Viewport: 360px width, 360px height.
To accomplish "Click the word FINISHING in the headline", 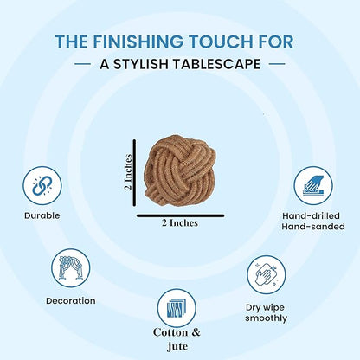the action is (x=138, y=42).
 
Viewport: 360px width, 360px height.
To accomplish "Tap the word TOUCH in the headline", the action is (x=218, y=42).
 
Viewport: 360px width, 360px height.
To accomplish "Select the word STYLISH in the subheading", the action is (x=142, y=64).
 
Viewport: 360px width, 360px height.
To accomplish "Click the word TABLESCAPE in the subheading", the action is (x=217, y=64).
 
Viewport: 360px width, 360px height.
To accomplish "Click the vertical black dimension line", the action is (x=134, y=173).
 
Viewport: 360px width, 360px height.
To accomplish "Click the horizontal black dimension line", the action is (x=181, y=215).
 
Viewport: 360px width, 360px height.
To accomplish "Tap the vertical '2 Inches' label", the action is (x=128, y=172).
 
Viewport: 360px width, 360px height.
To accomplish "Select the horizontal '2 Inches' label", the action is (x=180, y=223).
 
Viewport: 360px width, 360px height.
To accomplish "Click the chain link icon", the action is (x=42, y=185).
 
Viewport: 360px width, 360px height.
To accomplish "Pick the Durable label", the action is (x=42, y=215).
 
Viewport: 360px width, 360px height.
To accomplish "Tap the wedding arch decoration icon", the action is (x=71, y=268).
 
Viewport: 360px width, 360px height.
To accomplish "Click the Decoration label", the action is (x=71, y=300).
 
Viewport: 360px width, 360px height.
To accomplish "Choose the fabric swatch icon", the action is (x=177, y=308).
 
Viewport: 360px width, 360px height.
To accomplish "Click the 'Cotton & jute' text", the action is (x=177, y=339).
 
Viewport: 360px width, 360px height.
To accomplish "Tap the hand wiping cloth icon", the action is (x=266, y=274).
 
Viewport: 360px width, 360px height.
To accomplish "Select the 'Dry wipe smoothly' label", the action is (x=266, y=313).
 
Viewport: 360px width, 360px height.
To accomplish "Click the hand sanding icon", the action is (x=313, y=185).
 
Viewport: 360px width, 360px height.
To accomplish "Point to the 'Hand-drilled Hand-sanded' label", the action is (x=313, y=222).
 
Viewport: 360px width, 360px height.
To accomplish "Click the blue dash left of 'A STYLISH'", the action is (x=82, y=64).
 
